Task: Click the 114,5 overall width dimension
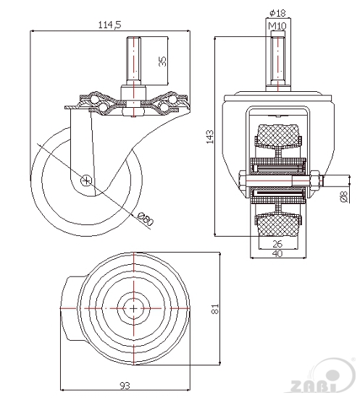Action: click(110, 25)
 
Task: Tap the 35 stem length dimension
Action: click(162, 62)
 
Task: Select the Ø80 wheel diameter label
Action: click(146, 219)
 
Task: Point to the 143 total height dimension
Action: click(210, 137)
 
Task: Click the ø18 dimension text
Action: click(277, 13)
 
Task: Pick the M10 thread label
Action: click(277, 25)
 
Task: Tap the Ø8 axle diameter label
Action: click(343, 197)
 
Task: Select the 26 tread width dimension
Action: click(277, 244)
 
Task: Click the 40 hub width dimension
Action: click(278, 253)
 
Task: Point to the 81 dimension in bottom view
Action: click(215, 309)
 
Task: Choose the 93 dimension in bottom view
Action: click(125, 386)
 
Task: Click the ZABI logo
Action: click(322, 378)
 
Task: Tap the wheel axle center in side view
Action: click(86, 180)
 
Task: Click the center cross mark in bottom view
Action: click(133, 308)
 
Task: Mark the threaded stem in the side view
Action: click(133, 61)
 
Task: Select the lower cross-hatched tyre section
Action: click(277, 225)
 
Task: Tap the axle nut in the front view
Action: click(314, 180)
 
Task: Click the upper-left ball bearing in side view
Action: click(94, 98)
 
